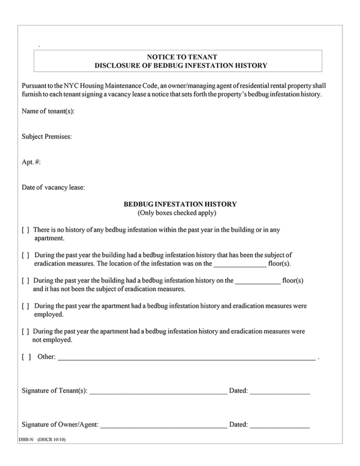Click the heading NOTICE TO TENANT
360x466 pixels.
[182, 57]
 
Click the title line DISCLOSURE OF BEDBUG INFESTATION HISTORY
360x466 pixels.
[181, 66]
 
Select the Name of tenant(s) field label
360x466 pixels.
[48, 112]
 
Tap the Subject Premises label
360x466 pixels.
[46, 137]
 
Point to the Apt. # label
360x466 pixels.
[31, 162]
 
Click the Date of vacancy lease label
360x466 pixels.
[53, 187]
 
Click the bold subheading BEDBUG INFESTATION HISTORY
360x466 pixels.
[180, 204]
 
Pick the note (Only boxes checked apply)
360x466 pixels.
[177, 212]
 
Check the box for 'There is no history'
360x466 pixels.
[25, 230]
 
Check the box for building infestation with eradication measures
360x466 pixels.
[25, 255]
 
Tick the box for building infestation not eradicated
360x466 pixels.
[25, 280]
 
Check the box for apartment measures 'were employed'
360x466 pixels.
[25, 306]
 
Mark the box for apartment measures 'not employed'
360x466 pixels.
[25, 331]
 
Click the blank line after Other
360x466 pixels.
[186, 359]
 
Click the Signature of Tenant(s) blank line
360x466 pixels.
[158, 393]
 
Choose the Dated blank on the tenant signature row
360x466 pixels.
[280, 393]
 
